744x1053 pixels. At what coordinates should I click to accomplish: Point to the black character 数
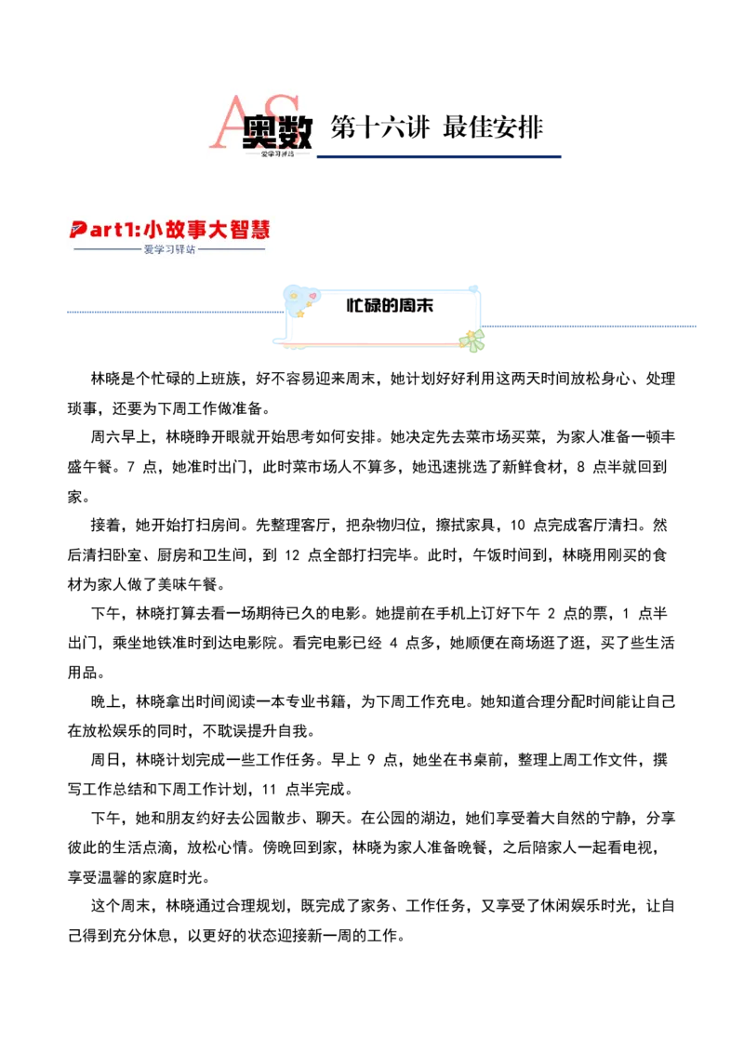point(297,132)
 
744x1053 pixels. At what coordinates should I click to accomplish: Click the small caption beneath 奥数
point(277,153)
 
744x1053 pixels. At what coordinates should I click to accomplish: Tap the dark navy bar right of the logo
point(441,157)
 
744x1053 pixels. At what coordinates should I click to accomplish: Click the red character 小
point(153,229)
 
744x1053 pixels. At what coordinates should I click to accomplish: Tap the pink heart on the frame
point(312,296)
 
